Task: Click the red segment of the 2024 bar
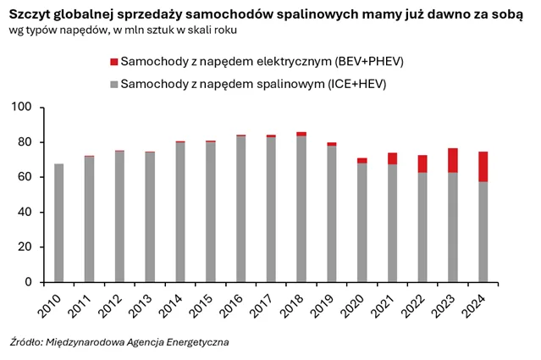(x=483, y=167)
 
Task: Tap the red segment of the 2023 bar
(x=452, y=160)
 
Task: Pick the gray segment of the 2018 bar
(x=301, y=208)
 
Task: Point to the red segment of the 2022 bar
(x=422, y=163)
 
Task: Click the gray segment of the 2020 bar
(x=362, y=222)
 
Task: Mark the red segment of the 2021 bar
(x=392, y=158)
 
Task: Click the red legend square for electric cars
(x=114, y=62)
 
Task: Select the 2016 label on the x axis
(x=234, y=302)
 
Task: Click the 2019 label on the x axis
(x=324, y=302)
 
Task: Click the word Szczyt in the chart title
(x=32, y=12)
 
